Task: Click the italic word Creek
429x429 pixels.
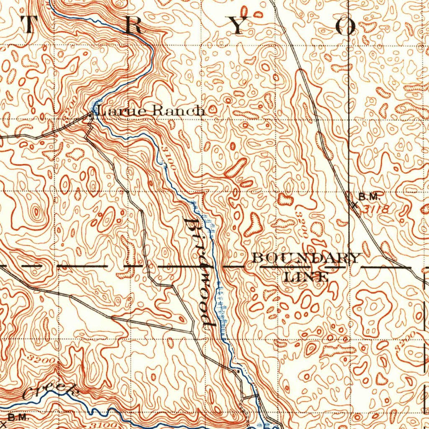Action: click(x=50, y=391)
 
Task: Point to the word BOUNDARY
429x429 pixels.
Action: click(x=307, y=258)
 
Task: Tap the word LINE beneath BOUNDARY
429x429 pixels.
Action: click(x=306, y=276)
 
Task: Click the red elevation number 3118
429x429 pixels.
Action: click(x=376, y=208)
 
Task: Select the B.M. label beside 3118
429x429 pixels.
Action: click(x=369, y=196)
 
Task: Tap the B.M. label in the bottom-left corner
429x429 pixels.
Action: click(x=18, y=417)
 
